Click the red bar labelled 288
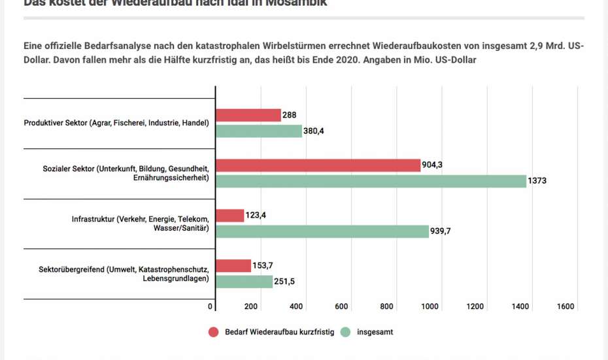(x=248, y=116)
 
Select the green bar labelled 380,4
(x=259, y=131)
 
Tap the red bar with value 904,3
(x=318, y=165)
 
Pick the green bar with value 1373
(x=371, y=181)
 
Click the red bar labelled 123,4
(x=230, y=216)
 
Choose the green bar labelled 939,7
(x=322, y=231)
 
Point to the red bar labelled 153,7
(x=233, y=266)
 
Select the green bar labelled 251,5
(x=245, y=282)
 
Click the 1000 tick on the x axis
(x=430, y=307)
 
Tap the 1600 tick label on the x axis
(x=566, y=307)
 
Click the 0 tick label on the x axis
(x=211, y=307)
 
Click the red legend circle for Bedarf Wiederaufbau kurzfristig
(x=213, y=332)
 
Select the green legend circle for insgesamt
(x=346, y=332)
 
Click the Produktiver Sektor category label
(x=116, y=123)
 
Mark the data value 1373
(x=538, y=181)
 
